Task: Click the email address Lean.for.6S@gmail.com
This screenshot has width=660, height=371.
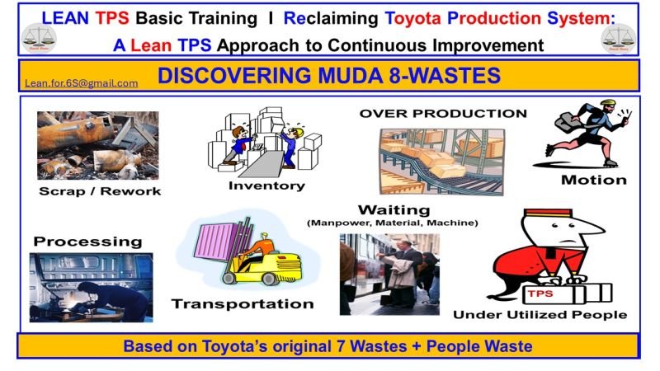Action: (82, 83)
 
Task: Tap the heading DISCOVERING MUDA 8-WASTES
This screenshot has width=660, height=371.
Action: (329, 77)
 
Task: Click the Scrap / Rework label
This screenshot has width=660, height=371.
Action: (100, 191)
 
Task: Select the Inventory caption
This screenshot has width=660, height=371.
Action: (262, 185)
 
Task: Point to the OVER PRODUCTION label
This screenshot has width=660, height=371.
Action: (443, 113)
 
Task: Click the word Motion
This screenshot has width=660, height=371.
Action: (593, 180)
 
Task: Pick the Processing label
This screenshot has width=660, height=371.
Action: (87, 242)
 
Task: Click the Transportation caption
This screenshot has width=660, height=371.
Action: (243, 303)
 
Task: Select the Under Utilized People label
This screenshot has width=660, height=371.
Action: (540, 314)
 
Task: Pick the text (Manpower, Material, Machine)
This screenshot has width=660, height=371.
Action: (393, 223)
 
